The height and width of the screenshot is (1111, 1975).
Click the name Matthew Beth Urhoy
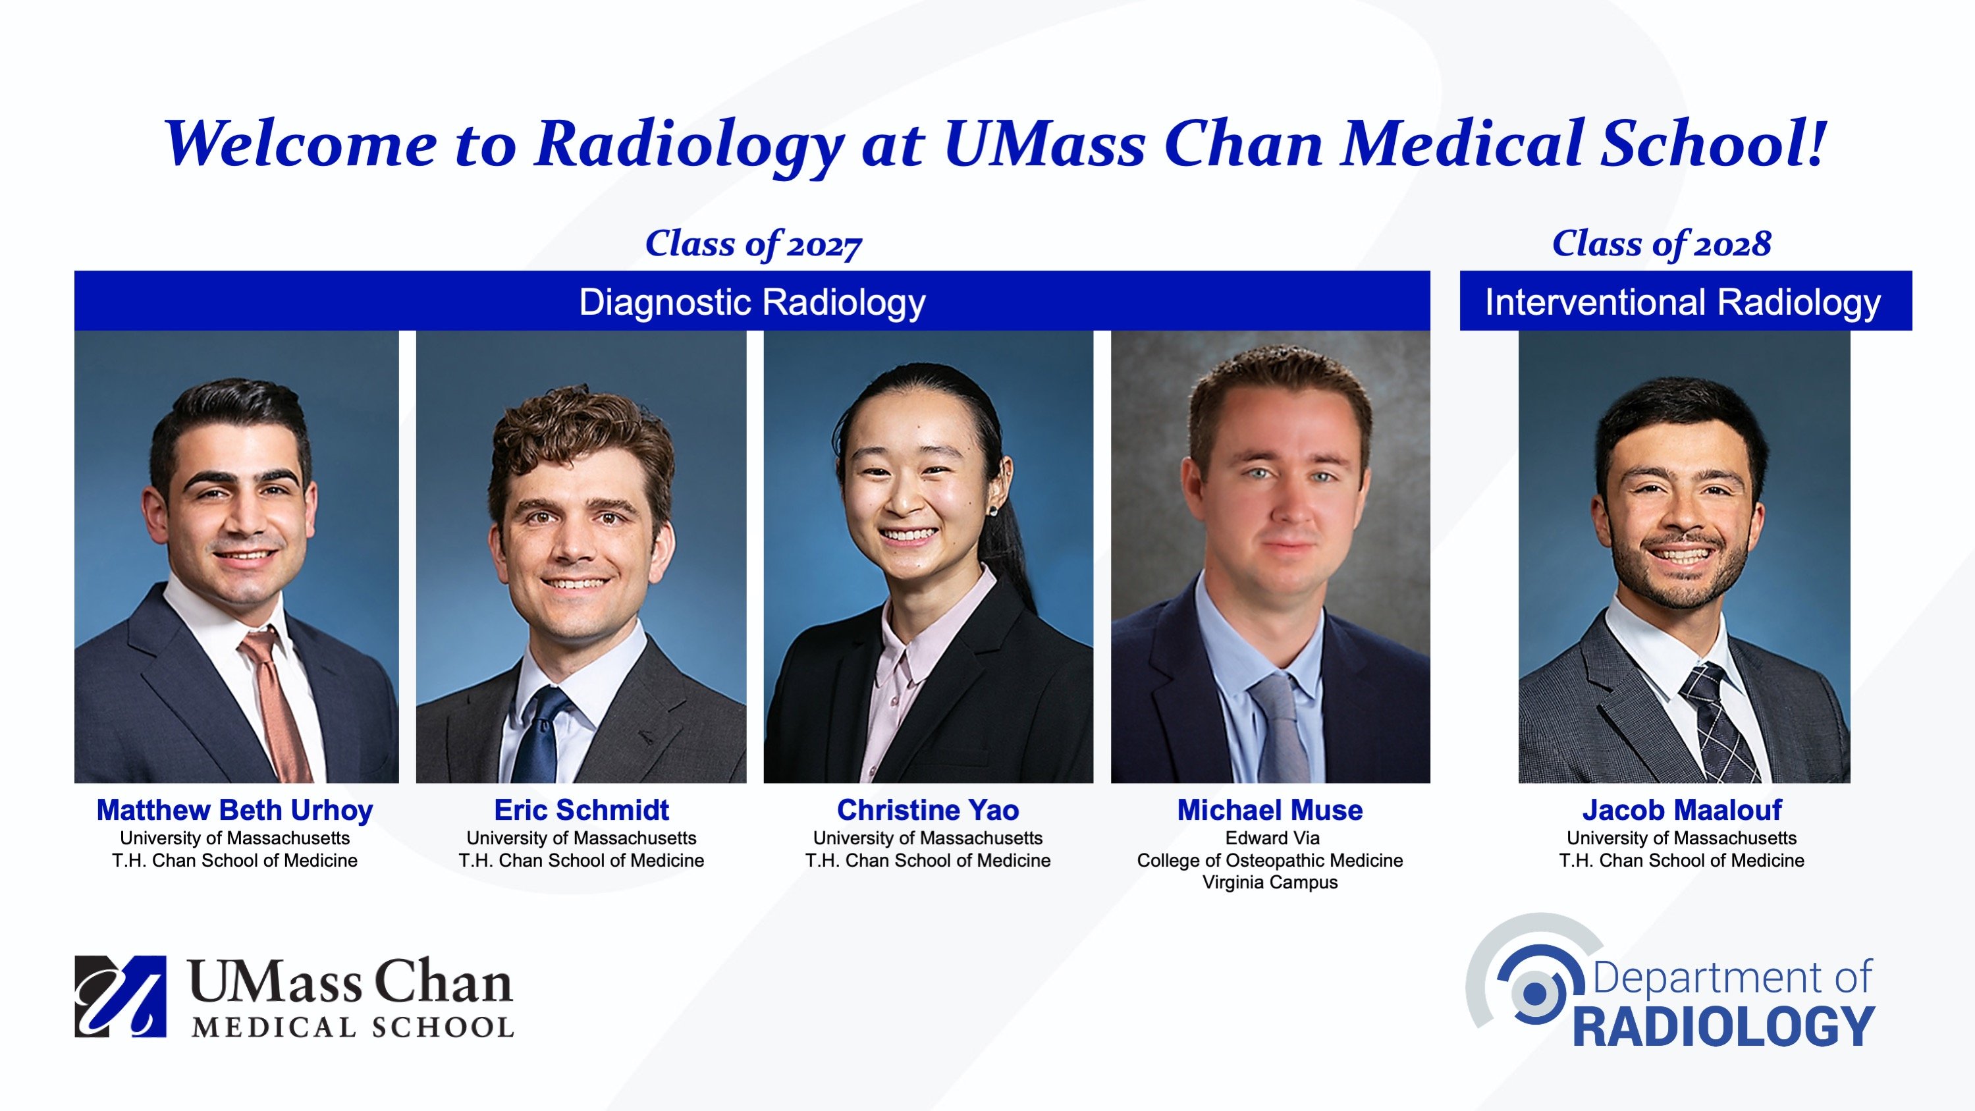[234, 809]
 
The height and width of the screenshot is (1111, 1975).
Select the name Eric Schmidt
[581, 809]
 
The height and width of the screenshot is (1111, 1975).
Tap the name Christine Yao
[928, 809]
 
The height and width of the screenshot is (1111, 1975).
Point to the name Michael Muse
[1270, 809]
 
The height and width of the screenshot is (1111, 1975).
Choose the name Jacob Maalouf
[1682, 809]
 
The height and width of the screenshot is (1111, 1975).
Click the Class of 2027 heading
[753, 244]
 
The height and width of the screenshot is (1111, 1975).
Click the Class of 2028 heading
[1662, 244]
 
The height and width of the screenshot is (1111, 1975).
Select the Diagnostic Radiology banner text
[752, 302]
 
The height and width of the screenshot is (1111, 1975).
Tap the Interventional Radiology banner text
[1683, 302]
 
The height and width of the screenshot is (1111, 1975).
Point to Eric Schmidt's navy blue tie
[541, 736]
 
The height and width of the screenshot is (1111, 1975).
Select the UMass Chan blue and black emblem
[121, 996]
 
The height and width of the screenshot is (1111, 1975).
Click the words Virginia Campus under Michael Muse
[1270, 882]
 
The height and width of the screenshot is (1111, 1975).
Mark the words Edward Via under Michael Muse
[1272, 838]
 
